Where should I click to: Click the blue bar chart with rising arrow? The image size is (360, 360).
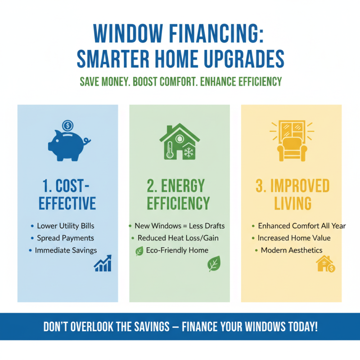[x=103, y=264]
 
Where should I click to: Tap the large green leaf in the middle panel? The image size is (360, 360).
[x=213, y=264]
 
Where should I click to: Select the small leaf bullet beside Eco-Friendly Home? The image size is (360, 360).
[x=139, y=251]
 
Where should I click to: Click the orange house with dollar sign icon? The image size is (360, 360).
[x=325, y=264]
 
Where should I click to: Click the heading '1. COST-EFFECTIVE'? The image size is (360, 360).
[x=67, y=194]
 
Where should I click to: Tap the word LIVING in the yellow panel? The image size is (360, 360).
[x=292, y=203]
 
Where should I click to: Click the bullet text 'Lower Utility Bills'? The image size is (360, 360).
[x=66, y=226]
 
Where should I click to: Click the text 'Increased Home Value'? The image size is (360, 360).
[x=294, y=238]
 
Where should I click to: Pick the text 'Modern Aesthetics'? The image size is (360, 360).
[x=292, y=250]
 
